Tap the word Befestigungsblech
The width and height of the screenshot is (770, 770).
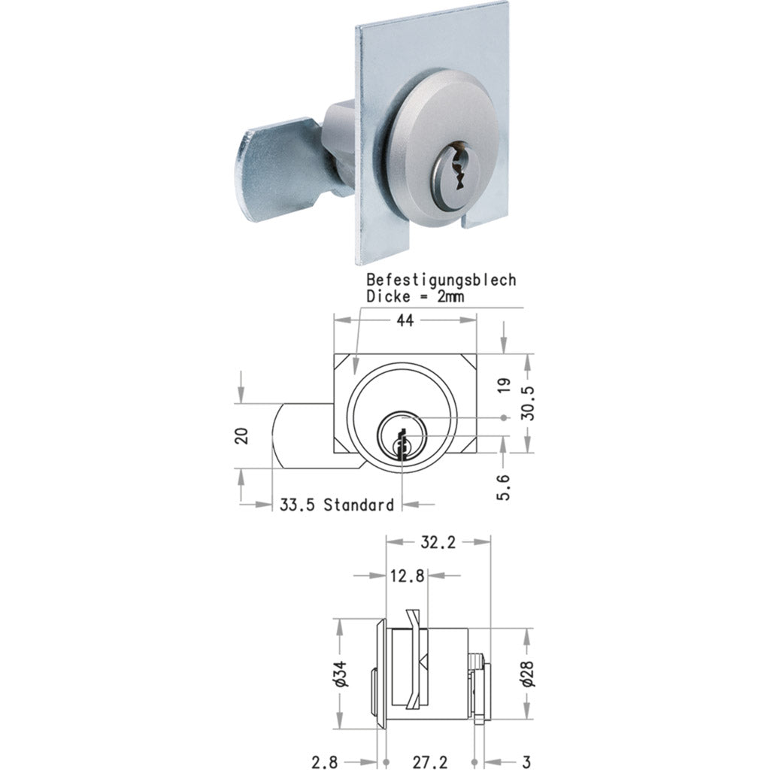441,280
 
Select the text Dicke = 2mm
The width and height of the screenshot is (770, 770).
415,296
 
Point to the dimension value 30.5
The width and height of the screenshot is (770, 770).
529,403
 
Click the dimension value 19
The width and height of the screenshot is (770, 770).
505,386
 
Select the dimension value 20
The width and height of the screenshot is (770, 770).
241,436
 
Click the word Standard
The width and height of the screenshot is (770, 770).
359,505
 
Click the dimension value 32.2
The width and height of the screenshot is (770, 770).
438,541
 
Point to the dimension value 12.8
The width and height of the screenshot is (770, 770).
408,576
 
